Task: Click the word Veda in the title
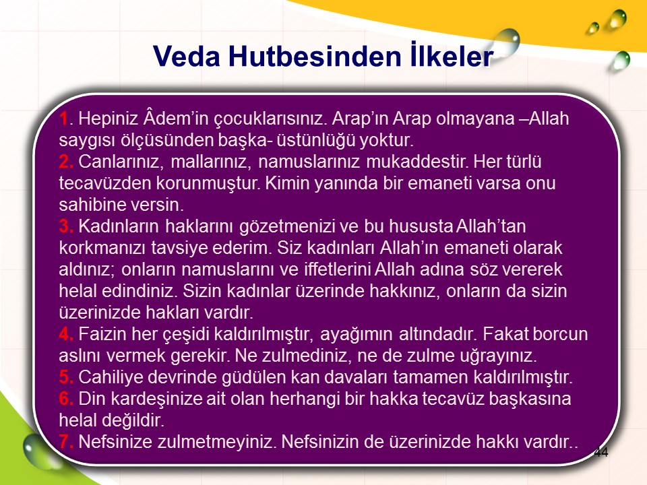[x=186, y=56]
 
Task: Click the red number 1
[x=64, y=119]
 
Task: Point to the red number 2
[x=66, y=161]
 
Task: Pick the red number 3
[x=66, y=226]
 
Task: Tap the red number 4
[x=66, y=333]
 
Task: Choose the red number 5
[x=66, y=377]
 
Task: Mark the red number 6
[x=66, y=398]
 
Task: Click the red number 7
[x=66, y=442]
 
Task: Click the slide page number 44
[x=601, y=453]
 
